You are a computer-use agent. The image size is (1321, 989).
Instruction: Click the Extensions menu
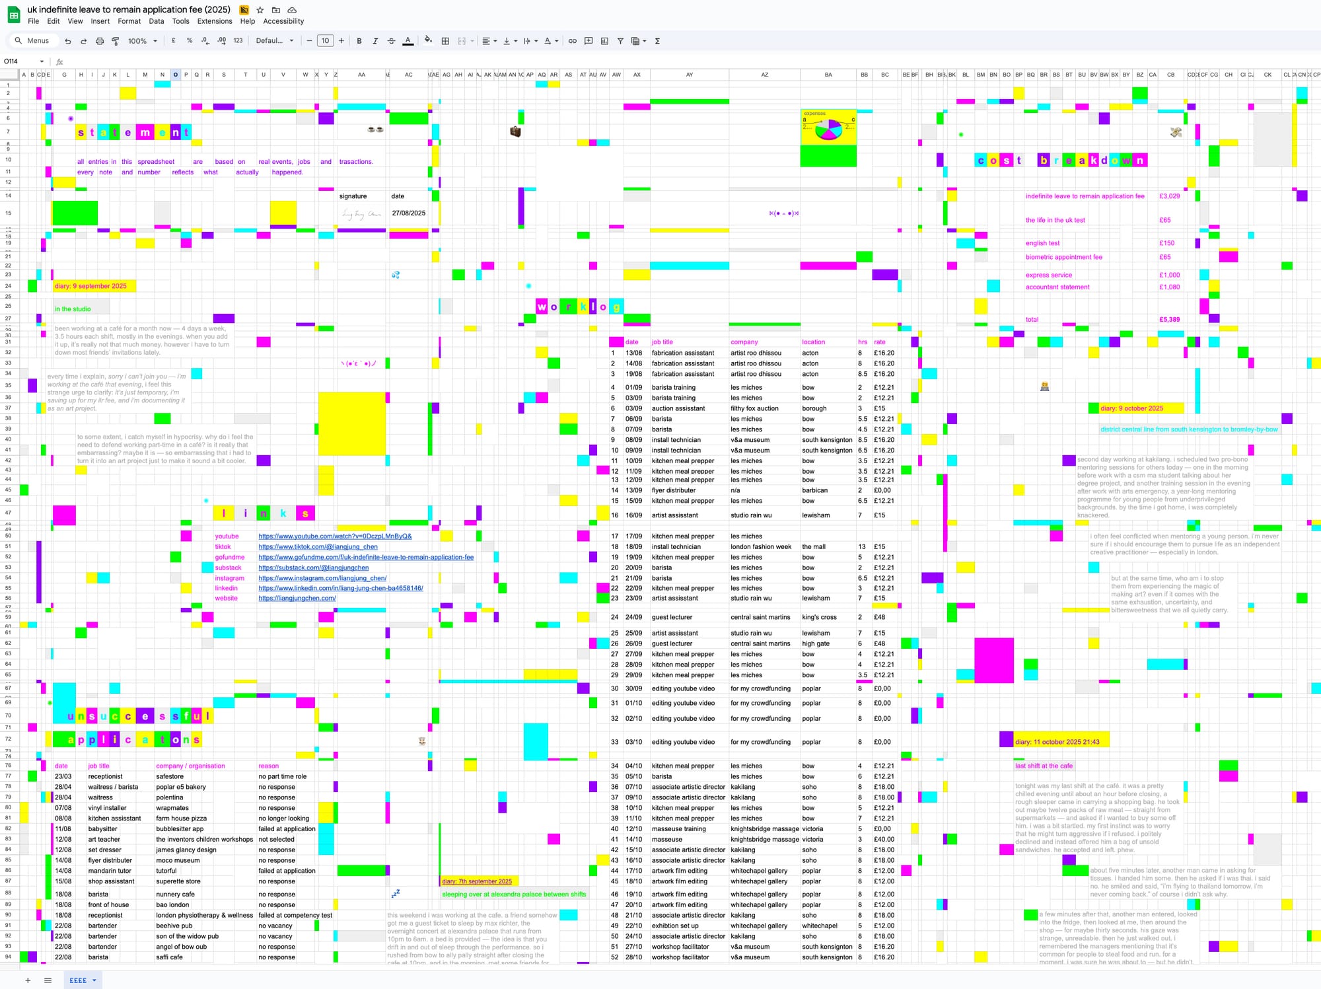point(214,21)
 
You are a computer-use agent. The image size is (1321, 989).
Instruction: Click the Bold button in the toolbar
point(359,41)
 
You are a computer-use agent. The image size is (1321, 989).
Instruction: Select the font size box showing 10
point(325,41)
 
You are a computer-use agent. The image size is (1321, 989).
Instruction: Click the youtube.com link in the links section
point(335,536)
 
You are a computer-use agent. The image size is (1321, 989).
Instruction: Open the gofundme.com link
point(366,558)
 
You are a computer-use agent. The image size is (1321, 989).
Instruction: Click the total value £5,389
point(1169,320)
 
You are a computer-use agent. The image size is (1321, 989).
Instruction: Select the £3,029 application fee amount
point(1169,196)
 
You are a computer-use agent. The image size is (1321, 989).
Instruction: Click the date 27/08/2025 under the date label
point(408,213)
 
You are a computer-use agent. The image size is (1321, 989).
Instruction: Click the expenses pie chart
point(828,129)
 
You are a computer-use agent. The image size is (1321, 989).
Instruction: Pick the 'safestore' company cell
point(170,777)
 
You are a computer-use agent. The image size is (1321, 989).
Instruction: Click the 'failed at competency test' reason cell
point(295,916)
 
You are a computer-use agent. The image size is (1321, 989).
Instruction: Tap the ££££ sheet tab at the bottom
point(78,980)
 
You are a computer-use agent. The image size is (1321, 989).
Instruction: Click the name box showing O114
point(20,61)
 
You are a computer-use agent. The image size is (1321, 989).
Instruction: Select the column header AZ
point(764,75)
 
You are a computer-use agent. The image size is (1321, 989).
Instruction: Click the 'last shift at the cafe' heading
point(1044,766)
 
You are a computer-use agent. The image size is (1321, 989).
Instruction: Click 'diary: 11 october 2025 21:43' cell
point(1057,742)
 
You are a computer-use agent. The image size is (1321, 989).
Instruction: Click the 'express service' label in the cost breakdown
point(1049,275)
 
